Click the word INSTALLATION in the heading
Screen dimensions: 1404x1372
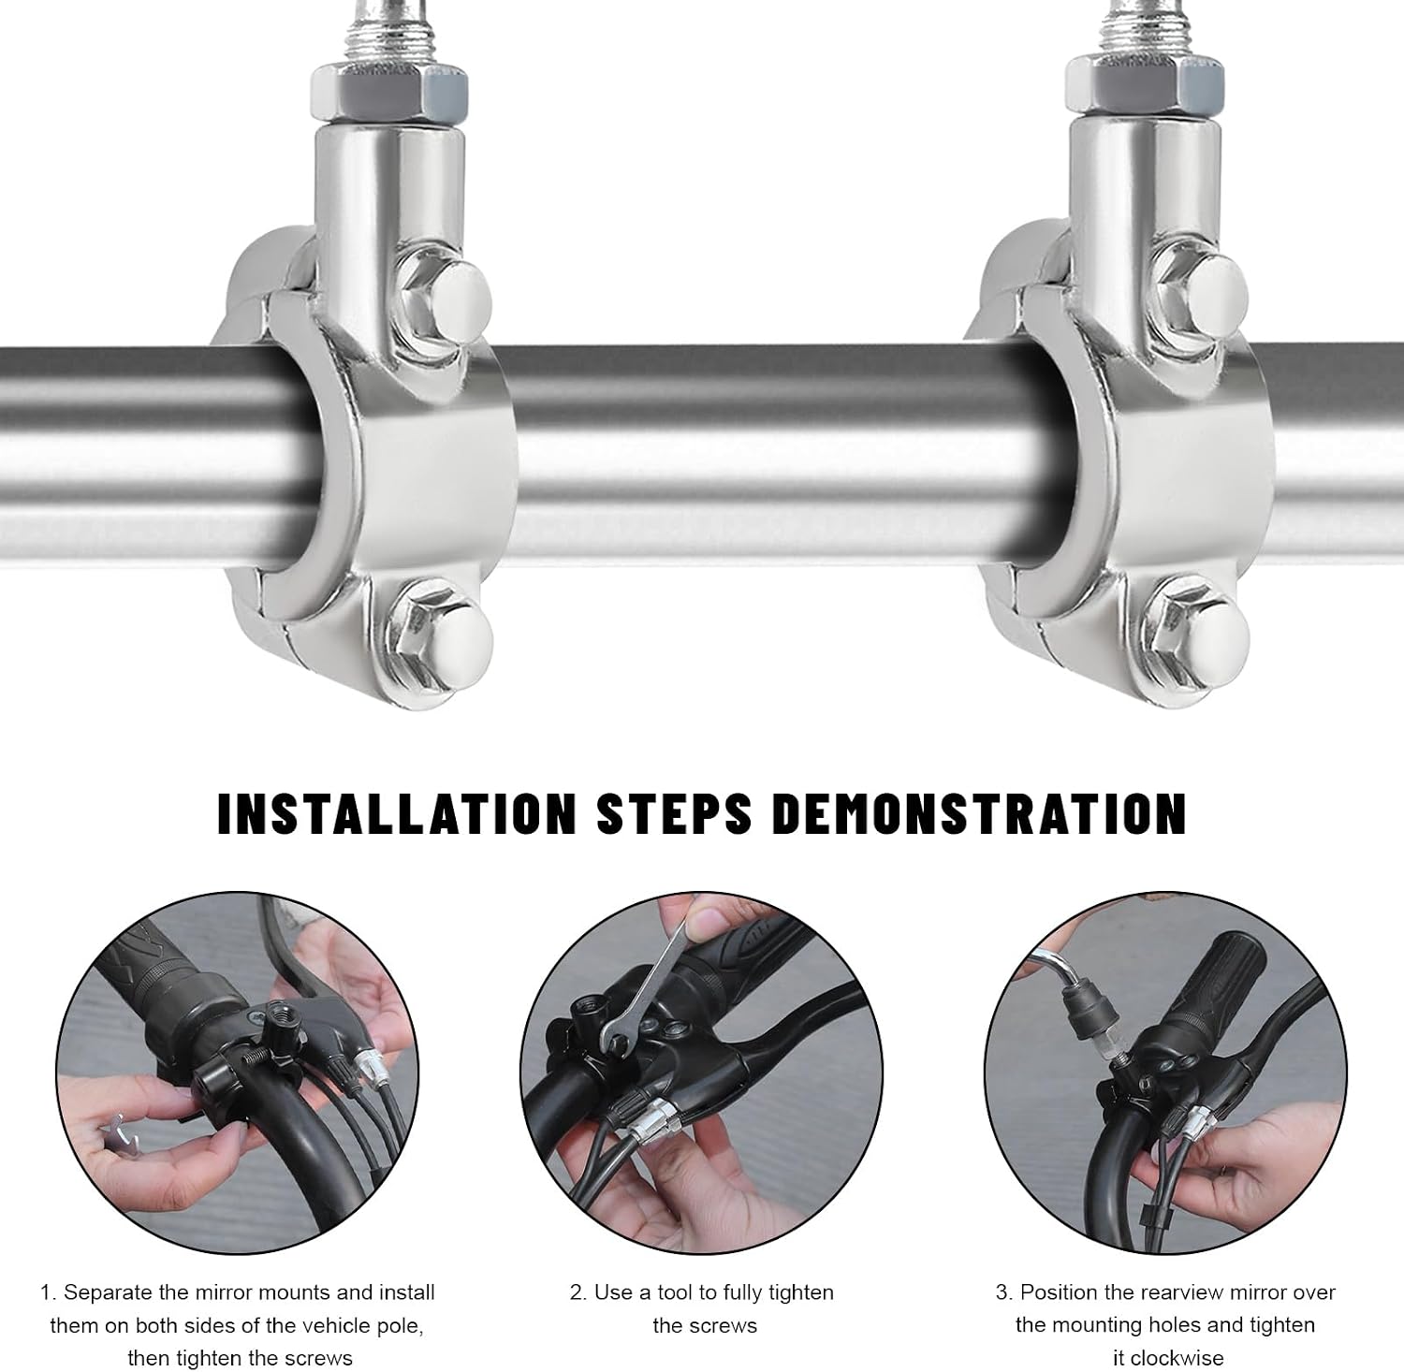point(396,813)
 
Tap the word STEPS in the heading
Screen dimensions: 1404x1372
point(674,813)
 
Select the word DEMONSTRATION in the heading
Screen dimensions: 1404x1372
point(979,813)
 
